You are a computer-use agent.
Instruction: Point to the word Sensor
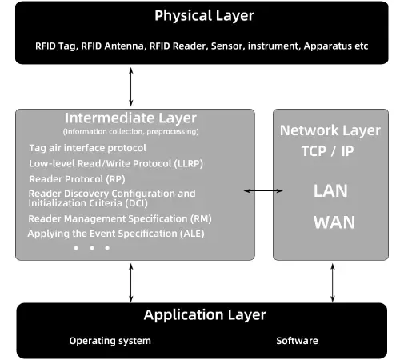pyautogui.click(x=226, y=46)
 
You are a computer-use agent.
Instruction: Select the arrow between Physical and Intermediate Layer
pyautogui.click(x=131, y=83)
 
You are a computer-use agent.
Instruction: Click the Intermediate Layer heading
pyautogui.click(x=130, y=118)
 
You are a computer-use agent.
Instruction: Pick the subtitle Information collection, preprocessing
pyautogui.click(x=130, y=131)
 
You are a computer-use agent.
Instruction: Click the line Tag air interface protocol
pyautogui.click(x=87, y=148)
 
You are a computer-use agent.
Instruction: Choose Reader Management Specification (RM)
pyautogui.click(x=119, y=218)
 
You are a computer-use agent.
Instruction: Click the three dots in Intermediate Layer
pyautogui.click(x=91, y=248)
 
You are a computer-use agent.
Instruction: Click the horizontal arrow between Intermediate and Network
pyautogui.click(x=264, y=190)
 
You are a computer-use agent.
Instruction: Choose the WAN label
pyautogui.click(x=334, y=222)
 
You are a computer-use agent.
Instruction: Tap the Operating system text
pyautogui.click(x=110, y=341)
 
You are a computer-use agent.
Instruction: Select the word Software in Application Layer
pyautogui.click(x=297, y=341)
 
